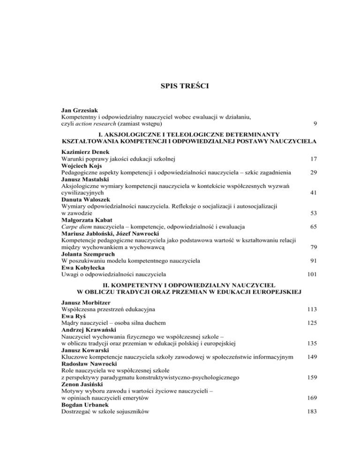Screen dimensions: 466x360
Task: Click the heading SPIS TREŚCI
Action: point(180,86)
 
